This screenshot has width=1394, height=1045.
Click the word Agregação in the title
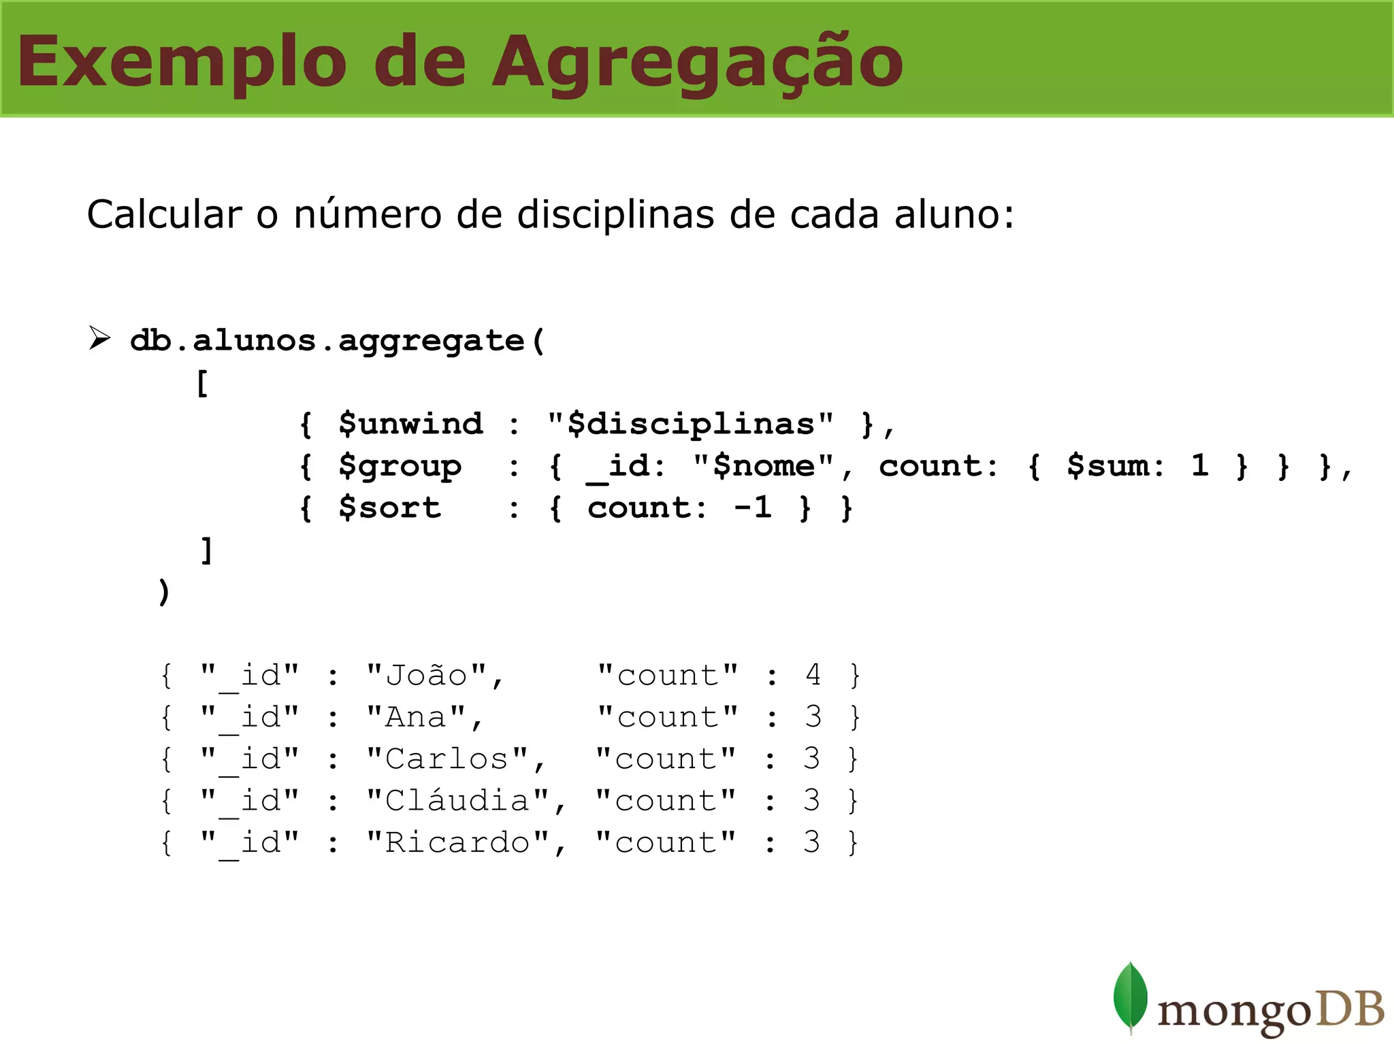click(x=697, y=63)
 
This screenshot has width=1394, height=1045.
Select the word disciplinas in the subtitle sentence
click(x=617, y=214)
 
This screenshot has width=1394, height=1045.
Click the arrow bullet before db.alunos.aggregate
click(x=99, y=337)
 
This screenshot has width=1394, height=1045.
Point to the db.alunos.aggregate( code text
click(x=338, y=340)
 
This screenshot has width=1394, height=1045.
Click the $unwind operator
click(x=411, y=424)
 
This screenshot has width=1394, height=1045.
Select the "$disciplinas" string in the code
click(x=691, y=424)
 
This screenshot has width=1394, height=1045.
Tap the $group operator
click(x=400, y=467)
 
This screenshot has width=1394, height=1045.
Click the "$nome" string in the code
click(x=763, y=466)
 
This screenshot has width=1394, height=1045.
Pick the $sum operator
click(x=1114, y=466)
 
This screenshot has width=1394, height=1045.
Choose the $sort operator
click(x=390, y=508)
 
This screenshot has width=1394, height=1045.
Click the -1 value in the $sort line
click(x=752, y=508)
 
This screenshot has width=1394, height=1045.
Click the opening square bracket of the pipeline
click(x=203, y=383)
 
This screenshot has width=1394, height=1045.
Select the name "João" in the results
click(x=427, y=676)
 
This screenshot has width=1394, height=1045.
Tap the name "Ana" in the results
click(x=416, y=717)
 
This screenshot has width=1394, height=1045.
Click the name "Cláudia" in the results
click(x=457, y=801)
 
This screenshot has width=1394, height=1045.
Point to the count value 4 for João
click(x=813, y=675)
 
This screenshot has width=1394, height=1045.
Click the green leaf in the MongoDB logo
click(x=1131, y=997)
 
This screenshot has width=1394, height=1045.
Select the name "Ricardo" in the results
click(x=457, y=843)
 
